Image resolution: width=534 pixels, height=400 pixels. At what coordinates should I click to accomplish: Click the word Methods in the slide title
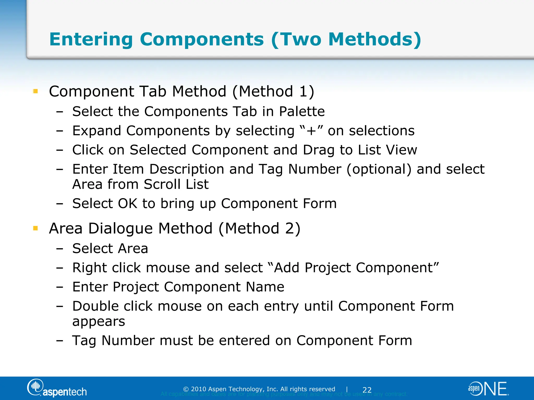point(372,40)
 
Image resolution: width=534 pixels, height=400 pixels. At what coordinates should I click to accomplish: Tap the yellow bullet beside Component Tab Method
point(36,91)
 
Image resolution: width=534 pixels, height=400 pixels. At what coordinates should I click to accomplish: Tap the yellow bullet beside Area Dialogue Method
point(36,229)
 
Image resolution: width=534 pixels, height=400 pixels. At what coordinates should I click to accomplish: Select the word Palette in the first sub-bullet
point(302,112)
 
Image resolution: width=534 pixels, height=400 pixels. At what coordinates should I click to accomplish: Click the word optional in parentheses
point(379,170)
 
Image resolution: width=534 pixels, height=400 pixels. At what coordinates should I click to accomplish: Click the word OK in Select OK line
point(128,204)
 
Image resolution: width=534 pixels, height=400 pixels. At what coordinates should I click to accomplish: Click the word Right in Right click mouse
point(89,268)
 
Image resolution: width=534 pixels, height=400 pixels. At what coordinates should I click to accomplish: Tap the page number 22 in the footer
point(367,390)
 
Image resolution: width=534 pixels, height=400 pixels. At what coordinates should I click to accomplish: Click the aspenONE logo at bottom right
point(488,389)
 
